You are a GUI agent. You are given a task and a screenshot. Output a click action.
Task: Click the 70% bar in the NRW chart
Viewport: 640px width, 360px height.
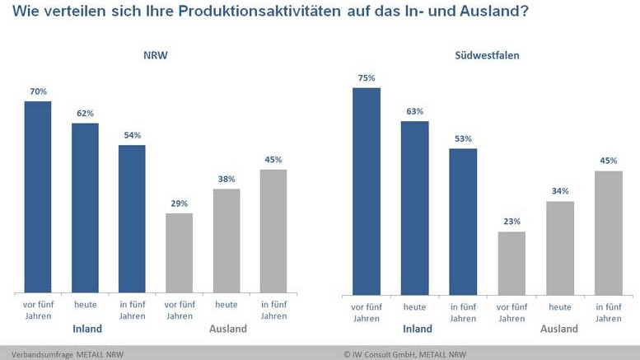click(x=38, y=196)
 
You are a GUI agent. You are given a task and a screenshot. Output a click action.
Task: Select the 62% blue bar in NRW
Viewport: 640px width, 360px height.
click(x=85, y=207)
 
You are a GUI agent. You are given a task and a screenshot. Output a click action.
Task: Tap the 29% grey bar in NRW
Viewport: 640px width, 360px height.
click(x=180, y=252)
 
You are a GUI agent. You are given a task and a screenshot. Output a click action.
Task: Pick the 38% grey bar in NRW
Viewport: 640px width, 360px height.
click(x=227, y=240)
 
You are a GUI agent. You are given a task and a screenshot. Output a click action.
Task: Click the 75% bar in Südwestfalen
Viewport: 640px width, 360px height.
click(x=366, y=190)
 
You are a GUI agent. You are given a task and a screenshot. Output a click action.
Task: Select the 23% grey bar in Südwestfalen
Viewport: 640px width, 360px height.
click(x=512, y=263)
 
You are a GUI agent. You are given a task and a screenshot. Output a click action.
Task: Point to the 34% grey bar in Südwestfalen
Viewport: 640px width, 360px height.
click(x=560, y=248)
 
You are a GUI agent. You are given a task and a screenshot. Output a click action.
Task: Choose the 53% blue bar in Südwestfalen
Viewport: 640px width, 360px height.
click(x=463, y=221)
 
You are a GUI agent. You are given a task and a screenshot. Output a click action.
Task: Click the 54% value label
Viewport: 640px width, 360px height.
click(x=132, y=135)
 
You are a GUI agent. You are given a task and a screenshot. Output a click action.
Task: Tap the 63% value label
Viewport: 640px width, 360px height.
click(x=414, y=111)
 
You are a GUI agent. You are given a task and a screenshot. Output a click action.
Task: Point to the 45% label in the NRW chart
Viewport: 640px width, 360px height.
click(x=273, y=160)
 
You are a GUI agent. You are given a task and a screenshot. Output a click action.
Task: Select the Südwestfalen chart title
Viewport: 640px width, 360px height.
click(x=487, y=55)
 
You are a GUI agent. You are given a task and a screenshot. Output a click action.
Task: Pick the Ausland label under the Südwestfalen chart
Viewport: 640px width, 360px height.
click(x=558, y=330)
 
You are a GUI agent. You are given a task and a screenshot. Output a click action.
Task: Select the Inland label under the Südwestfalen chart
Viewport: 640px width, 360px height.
click(x=417, y=330)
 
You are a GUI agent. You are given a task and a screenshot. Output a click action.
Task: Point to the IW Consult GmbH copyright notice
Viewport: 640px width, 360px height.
click(x=404, y=354)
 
